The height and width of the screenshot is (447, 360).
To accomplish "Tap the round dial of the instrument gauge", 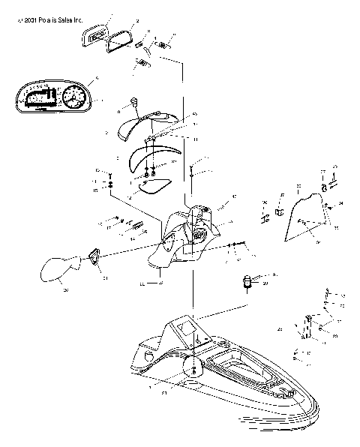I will [76, 97].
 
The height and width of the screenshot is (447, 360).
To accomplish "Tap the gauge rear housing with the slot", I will [93, 33].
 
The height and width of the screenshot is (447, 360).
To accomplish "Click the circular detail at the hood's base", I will [193, 367].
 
